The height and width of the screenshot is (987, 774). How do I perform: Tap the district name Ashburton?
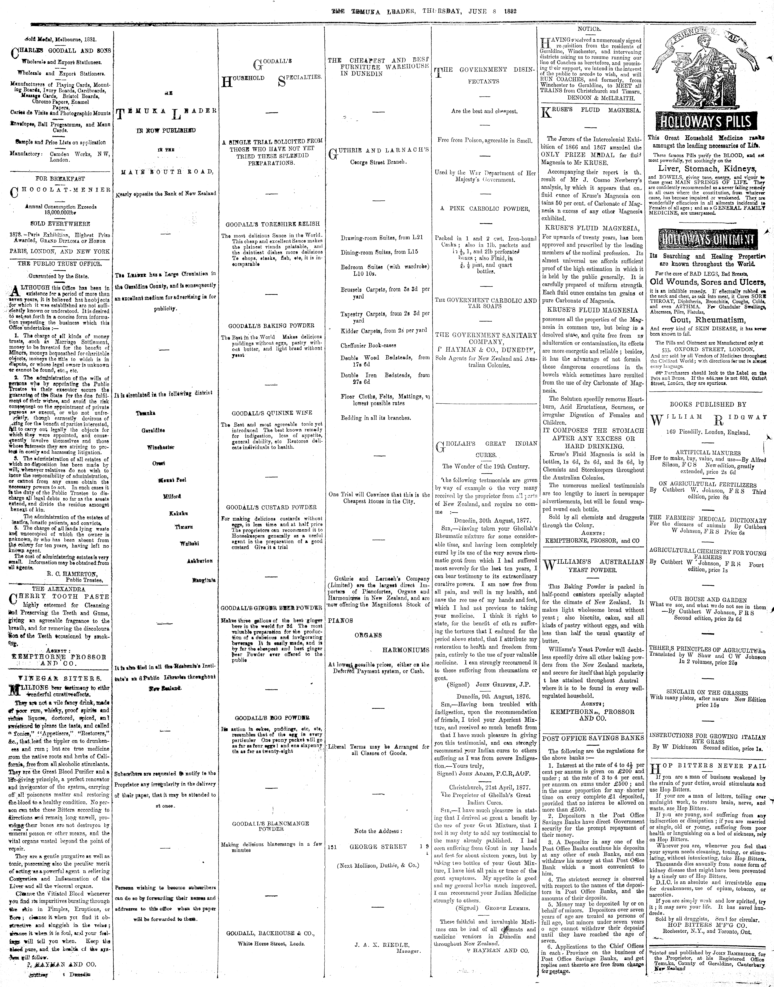point(199,561)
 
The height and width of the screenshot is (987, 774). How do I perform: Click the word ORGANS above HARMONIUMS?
point(368,635)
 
